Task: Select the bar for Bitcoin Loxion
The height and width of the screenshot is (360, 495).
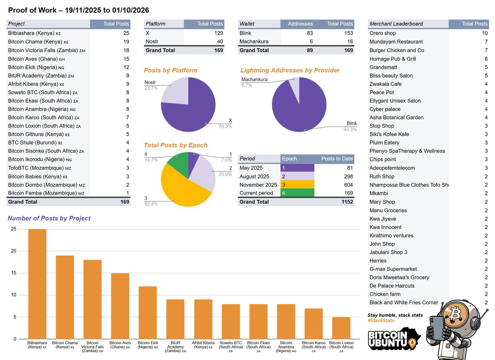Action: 341,328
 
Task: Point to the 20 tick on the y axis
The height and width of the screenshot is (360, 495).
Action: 14,251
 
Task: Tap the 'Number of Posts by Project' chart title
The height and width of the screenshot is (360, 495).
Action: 49,218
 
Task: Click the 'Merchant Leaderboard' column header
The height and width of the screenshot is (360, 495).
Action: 396,24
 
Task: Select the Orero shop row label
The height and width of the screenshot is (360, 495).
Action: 382,33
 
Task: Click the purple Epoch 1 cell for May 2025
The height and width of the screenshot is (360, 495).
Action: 297,168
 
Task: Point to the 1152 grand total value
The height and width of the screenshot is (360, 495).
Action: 346,202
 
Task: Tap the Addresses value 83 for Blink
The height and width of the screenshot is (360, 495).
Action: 309,33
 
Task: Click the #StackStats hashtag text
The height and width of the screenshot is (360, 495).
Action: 381,321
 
